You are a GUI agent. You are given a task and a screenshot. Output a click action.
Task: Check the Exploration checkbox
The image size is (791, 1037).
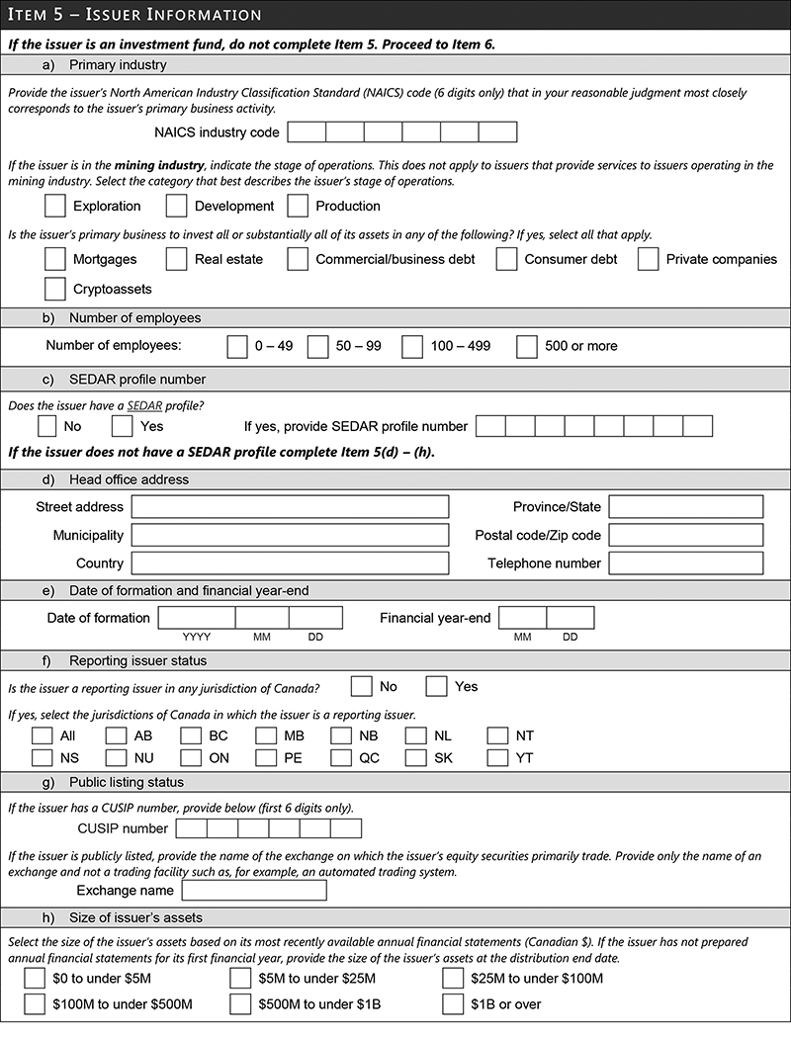56,206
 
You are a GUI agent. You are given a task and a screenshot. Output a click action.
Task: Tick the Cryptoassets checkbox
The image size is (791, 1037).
56,290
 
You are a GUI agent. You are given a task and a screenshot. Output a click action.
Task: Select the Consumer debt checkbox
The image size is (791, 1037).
507,259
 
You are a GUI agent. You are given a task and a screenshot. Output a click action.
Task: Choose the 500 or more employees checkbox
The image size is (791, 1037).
527,346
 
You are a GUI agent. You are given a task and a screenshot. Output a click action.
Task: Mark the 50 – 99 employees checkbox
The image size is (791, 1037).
317,346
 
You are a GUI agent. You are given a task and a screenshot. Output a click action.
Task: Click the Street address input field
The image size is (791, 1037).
290,507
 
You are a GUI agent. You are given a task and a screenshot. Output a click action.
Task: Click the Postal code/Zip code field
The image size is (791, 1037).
685,535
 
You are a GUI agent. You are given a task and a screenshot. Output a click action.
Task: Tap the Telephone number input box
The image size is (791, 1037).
685,563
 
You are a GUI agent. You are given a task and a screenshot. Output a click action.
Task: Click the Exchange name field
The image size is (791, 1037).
254,891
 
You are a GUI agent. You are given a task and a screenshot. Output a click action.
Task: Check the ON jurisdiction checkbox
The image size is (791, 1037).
191,758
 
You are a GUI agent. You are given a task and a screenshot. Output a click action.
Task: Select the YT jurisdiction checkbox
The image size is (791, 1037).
498,758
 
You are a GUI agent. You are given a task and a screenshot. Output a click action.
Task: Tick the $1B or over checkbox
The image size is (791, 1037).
453,1004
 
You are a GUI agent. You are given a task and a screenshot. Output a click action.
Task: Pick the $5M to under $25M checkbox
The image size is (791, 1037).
240,979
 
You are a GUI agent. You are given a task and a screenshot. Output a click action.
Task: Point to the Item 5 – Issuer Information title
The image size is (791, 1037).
134,15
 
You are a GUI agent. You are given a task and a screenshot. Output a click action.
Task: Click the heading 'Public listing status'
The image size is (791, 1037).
127,782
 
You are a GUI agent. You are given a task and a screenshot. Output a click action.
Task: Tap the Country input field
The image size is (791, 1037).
290,563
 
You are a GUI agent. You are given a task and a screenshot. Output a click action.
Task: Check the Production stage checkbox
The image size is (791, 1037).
299,206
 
